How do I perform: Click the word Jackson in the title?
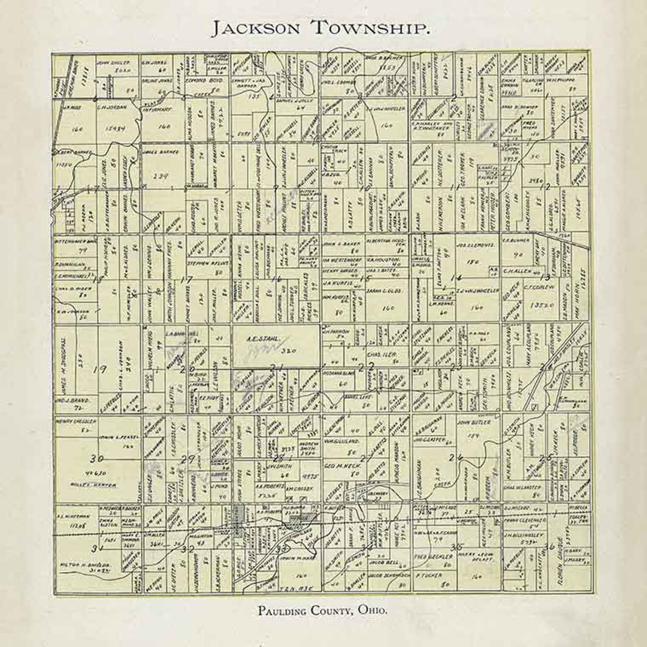click(255, 28)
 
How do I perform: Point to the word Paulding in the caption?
click(282, 611)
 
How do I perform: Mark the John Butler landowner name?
click(474, 422)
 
